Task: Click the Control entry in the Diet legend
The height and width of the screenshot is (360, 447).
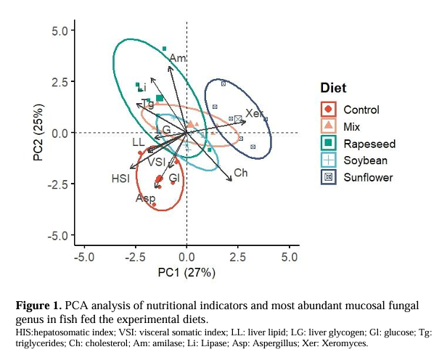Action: coord(361,110)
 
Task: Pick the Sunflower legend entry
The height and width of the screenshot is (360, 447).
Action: coord(368,176)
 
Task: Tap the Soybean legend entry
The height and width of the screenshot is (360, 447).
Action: coord(365,160)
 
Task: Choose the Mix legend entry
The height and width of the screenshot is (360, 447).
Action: coord(354,126)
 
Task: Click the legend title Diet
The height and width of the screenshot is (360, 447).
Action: coord(333,88)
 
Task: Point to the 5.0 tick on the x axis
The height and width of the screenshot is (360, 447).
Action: coord(290,257)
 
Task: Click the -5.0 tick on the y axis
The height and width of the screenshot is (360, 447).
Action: coord(58,236)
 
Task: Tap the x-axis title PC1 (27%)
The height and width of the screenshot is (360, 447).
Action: coord(187,274)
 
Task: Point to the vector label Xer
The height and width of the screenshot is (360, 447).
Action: coord(253,114)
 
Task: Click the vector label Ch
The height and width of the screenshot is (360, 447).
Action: coord(240,173)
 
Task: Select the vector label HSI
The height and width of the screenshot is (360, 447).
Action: coord(120,177)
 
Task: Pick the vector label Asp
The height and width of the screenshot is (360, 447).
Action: coord(145,198)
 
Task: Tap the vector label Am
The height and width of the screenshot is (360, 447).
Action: coord(178,57)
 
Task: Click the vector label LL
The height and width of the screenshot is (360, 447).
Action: coord(138,142)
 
